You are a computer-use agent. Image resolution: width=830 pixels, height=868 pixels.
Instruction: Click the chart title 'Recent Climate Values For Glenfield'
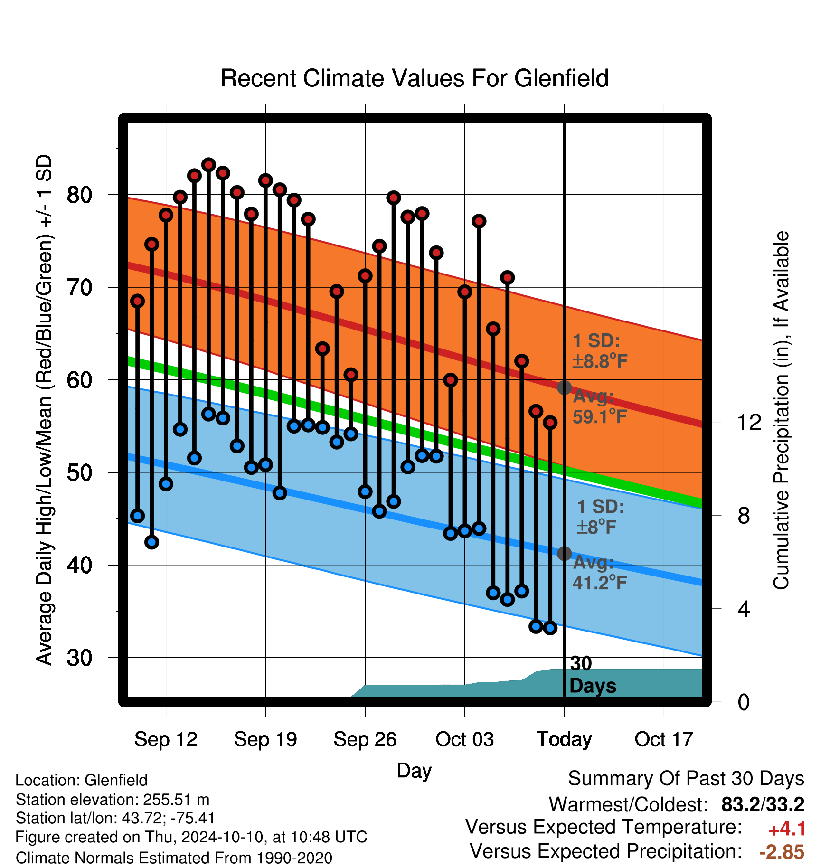[x=415, y=78]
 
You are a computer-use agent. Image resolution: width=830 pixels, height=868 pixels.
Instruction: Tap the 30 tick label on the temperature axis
[x=79, y=658]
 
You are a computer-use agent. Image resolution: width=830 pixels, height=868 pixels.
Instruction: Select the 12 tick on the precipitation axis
[x=749, y=422]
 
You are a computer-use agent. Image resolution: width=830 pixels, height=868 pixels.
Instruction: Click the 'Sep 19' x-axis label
[x=265, y=739]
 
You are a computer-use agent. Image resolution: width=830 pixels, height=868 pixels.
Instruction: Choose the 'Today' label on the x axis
[x=564, y=739]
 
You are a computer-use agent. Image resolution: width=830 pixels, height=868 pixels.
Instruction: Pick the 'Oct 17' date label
[x=664, y=739]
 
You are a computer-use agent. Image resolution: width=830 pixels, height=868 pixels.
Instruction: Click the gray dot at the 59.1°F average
[x=564, y=387]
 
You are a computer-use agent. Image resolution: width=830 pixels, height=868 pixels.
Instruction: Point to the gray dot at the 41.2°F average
[x=564, y=554]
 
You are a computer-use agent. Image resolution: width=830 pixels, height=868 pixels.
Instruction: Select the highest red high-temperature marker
[x=208, y=165]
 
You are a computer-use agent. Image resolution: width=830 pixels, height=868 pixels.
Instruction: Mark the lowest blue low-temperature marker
[x=550, y=628]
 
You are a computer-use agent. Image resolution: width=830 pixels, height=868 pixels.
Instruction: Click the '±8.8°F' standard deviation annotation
[x=600, y=361]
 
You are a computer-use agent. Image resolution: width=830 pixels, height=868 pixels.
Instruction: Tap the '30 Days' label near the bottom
[x=593, y=675]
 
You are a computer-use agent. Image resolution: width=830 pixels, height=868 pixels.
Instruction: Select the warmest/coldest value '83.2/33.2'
[x=763, y=804]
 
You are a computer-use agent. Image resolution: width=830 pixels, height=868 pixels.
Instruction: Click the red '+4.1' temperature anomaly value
[x=787, y=829]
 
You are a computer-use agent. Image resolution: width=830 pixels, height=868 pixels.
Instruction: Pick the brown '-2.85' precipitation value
[x=782, y=852]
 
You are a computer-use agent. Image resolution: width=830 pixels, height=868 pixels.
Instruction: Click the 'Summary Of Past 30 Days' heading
[x=686, y=779]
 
